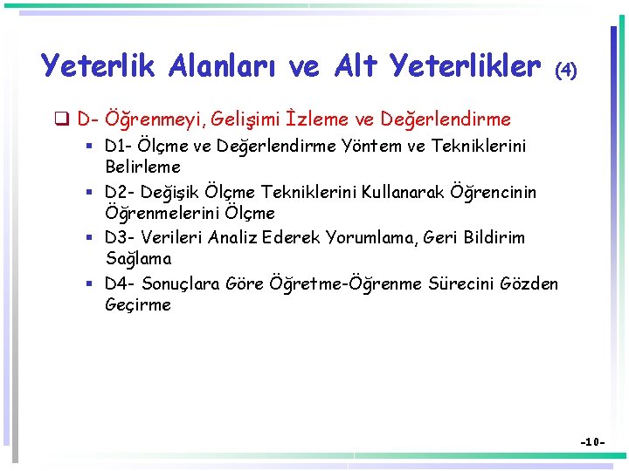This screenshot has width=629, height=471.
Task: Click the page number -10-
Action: pyautogui.click(x=594, y=443)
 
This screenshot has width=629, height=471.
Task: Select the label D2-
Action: pyautogui.click(x=120, y=192)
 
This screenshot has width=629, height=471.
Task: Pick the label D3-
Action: pyautogui.click(x=120, y=238)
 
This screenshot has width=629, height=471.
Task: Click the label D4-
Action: pyautogui.click(x=120, y=283)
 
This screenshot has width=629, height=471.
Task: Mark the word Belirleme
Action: pyautogui.click(x=142, y=167)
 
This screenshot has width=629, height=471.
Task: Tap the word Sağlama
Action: pyautogui.click(x=138, y=259)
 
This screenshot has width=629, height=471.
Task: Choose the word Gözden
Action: pyautogui.click(x=529, y=283)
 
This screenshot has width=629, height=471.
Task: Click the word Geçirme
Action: pyautogui.click(x=138, y=305)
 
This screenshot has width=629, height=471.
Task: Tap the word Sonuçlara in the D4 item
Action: pyautogui.click(x=181, y=283)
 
